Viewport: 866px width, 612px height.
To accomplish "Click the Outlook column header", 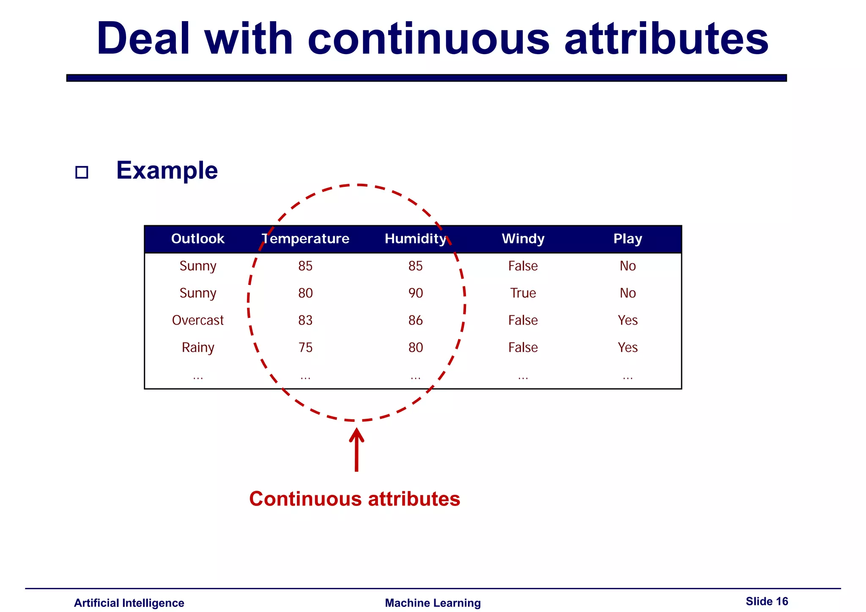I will click(x=197, y=239).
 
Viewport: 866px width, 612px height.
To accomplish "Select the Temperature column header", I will click(x=305, y=239).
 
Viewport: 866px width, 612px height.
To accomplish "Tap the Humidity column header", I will click(x=415, y=239).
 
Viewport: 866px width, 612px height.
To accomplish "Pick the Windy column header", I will click(x=523, y=239).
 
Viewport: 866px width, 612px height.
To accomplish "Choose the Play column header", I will click(x=628, y=239).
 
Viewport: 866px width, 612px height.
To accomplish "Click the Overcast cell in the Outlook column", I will click(x=197, y=320).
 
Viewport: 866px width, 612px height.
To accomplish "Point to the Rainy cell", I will click(x=197, y=347).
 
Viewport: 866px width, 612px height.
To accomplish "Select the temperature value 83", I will click(x=305, y=320).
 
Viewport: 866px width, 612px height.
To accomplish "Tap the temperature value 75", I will click(x=305, y=347).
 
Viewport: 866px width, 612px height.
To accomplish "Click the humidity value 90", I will click(x=415, y=293).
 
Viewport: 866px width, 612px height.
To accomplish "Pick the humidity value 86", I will click(x=415, y=320).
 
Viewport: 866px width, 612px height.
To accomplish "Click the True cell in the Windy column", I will click(x=523, y=293).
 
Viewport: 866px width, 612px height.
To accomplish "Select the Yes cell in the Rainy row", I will click(x=628, y=347).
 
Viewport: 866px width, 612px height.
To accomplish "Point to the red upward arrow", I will click(x=356, y=450).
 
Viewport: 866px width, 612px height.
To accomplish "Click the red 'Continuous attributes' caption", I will click(x=354, y=499).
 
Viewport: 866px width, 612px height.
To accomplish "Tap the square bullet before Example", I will click(x=82, y=172).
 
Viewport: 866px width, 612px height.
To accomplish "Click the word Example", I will click(x=167, y=170).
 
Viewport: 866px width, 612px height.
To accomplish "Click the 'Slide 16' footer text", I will click(x=767, y=601).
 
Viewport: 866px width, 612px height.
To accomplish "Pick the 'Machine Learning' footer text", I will click(x=433, y=603).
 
